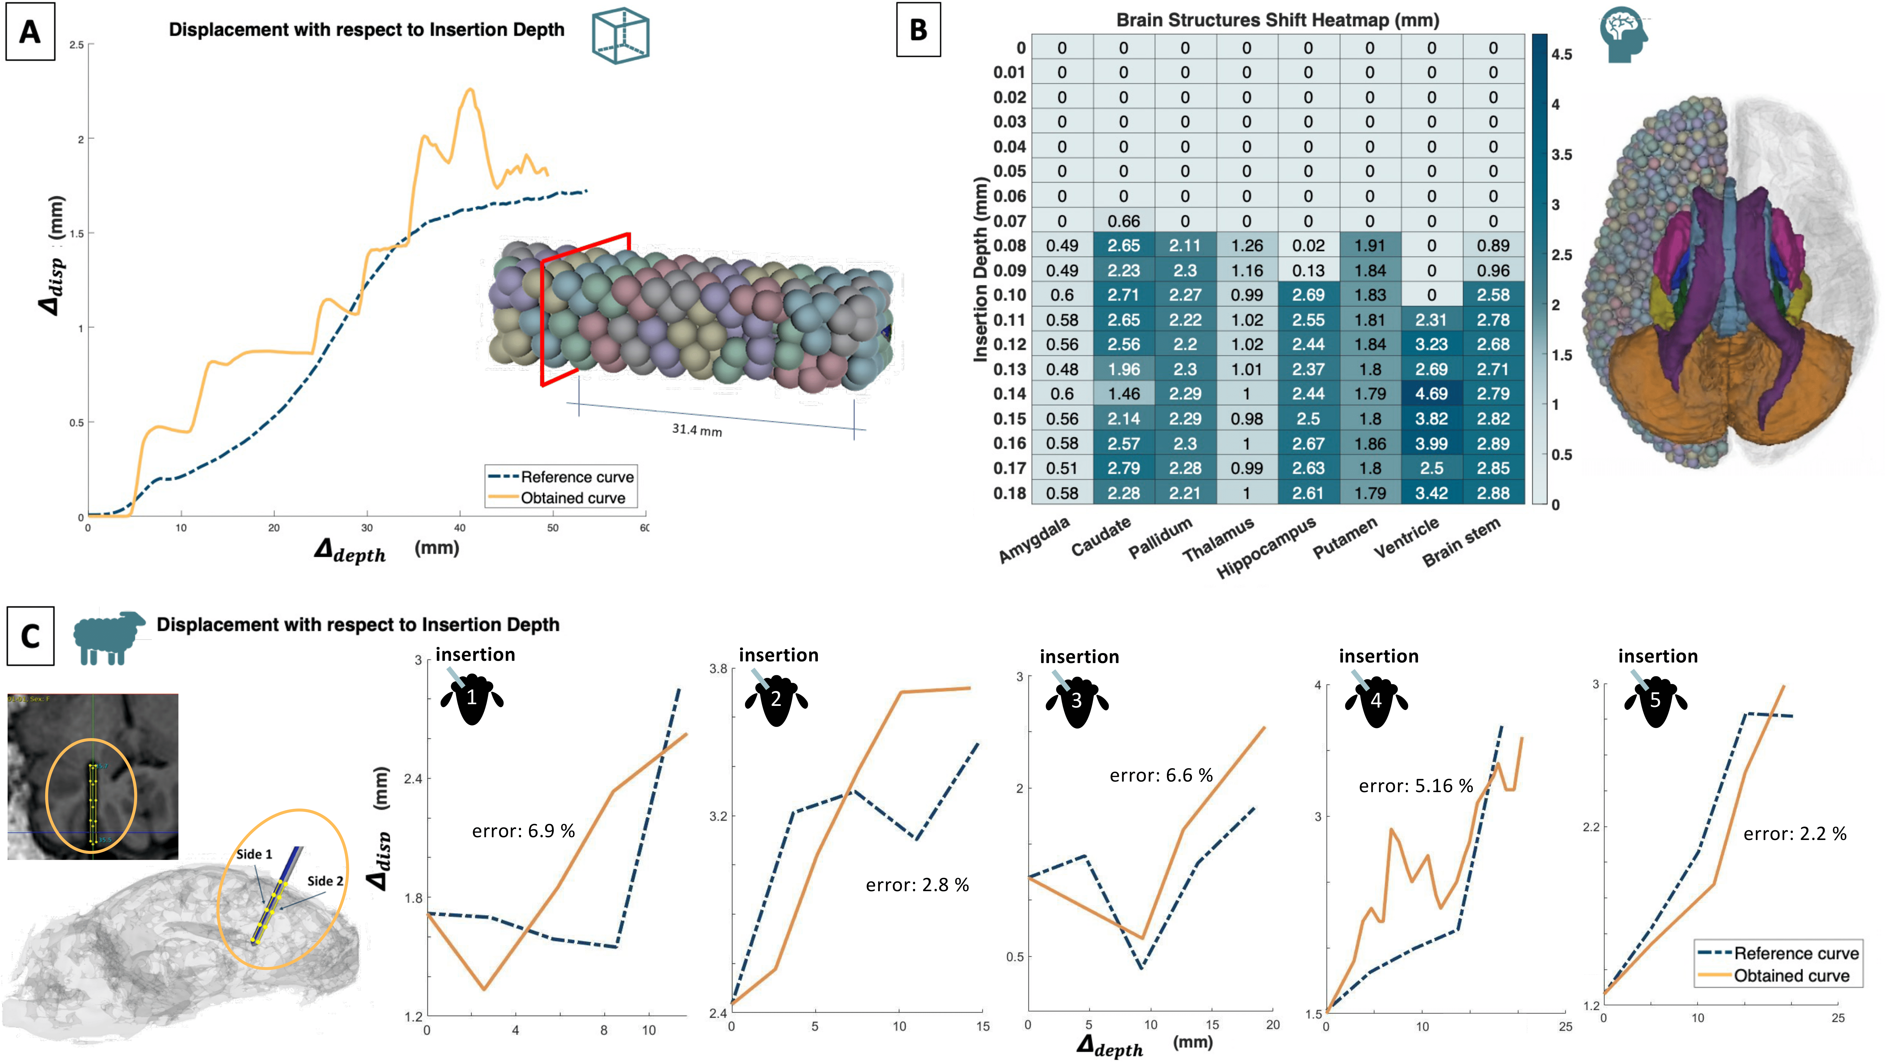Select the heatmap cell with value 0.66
(x=1123, y=221)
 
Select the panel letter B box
(x=918, y=30)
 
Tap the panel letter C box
(x=30, y=635)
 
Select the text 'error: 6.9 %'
(x=523, y=831)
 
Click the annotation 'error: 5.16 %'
(x=1415, y=786)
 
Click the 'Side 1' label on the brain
(x=254, y=854)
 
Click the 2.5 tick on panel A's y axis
(x=77, y=45)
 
